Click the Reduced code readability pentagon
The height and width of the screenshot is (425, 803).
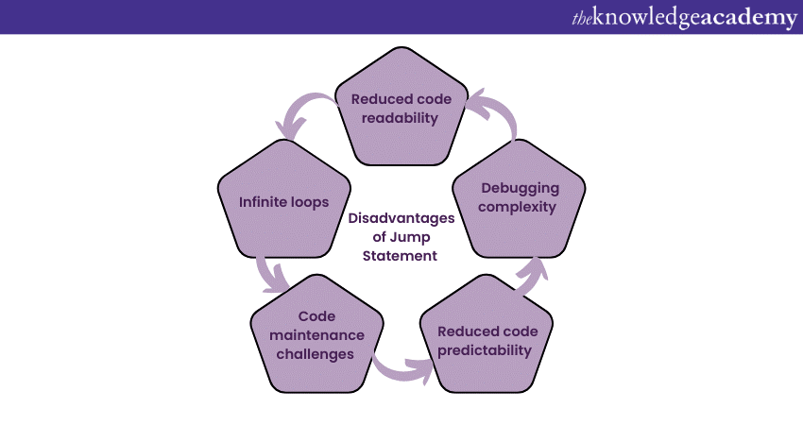[401, 107]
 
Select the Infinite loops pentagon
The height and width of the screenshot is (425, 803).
[284, 198]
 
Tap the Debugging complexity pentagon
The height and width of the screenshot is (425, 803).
[519, 198]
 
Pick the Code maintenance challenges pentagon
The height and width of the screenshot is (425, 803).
[317, 333]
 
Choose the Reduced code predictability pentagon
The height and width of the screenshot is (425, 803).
[487, 333]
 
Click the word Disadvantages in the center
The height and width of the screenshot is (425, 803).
[401, 218]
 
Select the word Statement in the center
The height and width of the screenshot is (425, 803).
[400, 256]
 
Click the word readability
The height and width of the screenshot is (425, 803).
[400, 118]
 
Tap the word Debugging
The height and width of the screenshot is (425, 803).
[520, 189]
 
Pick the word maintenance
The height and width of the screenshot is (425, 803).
[317, 335]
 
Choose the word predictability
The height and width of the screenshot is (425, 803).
[485, 350]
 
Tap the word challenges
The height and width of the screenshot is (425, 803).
[315, 354]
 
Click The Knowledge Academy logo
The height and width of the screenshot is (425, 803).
[684, 17]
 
